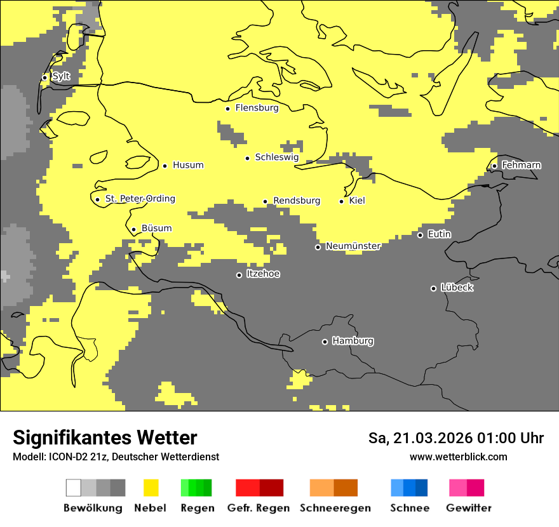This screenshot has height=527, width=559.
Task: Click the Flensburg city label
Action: click(257, 108)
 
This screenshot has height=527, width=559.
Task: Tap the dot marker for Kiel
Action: click(342, 201)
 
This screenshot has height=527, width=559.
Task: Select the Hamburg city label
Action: click(353, 341)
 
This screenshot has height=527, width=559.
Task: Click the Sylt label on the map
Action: click(61, 76)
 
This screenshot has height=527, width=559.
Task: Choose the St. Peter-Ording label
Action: click(140, 199)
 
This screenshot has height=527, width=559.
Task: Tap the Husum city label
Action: click(188, 165)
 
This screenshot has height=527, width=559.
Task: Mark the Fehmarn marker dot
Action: click(495, 166)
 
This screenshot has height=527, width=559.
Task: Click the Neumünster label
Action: click(353, 246)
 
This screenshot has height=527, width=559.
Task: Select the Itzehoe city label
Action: click(263, 274)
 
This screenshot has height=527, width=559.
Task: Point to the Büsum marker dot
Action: click(133, 230)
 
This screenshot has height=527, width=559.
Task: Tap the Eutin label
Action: click(439, 234)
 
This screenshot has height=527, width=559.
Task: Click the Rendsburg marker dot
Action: click(266, 202)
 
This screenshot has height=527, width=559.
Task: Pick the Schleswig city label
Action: click(276, 157)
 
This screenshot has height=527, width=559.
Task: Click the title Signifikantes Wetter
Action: click(105, 437)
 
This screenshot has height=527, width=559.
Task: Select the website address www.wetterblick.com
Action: click(458, 457)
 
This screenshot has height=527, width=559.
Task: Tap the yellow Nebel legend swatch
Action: click(151, 488)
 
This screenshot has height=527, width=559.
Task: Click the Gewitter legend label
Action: click(469, 508)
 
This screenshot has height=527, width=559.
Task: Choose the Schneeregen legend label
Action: click(335, 508)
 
